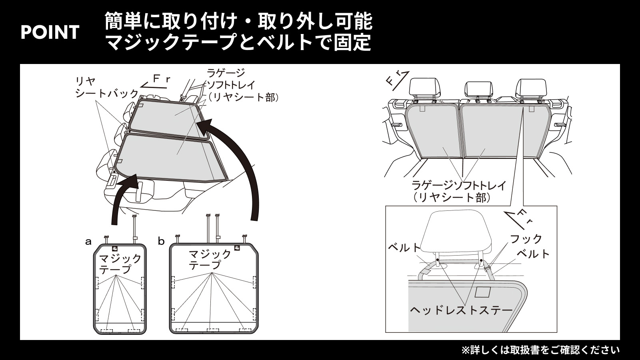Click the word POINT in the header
point(50,32)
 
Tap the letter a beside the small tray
point(88,242)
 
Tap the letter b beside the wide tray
point(162,241)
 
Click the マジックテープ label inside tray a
point(120,264)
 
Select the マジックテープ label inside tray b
point(210,259)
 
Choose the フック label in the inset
point(526,239)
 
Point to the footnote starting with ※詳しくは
point(540,350)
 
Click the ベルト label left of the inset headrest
point(404,248)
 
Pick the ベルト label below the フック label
point(534,254)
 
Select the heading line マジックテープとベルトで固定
point(238,42)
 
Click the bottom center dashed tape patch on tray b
point(213,330)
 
